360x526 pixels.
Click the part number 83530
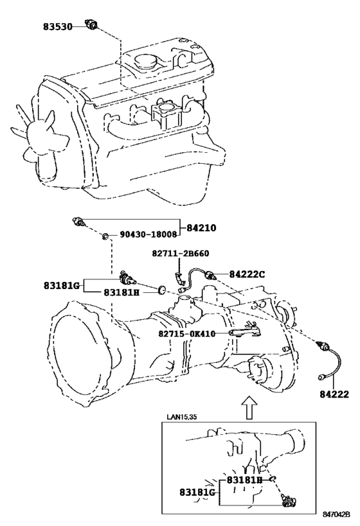(x=57, y=26)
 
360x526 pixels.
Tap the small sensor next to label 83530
(x=92, y=24)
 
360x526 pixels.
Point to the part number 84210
(x=201, y=228)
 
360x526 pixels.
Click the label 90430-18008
(x=148, y=234)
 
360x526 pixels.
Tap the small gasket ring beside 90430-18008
(x=105, y=237)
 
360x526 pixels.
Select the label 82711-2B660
(x=181, y=253)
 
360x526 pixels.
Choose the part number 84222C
(x=247, y=274)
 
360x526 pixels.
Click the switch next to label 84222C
(x=212, y=275)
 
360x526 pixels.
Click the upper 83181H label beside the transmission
(x=122, y=292)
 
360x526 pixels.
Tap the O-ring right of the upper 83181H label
(x=162, y=289)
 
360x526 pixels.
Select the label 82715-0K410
(x=186, y=334)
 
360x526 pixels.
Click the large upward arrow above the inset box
(x=249, y=407)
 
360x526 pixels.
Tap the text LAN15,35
(x=182, y=417)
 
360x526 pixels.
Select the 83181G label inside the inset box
(x=197, y=493)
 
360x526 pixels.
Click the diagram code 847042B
(x=336, y=514)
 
